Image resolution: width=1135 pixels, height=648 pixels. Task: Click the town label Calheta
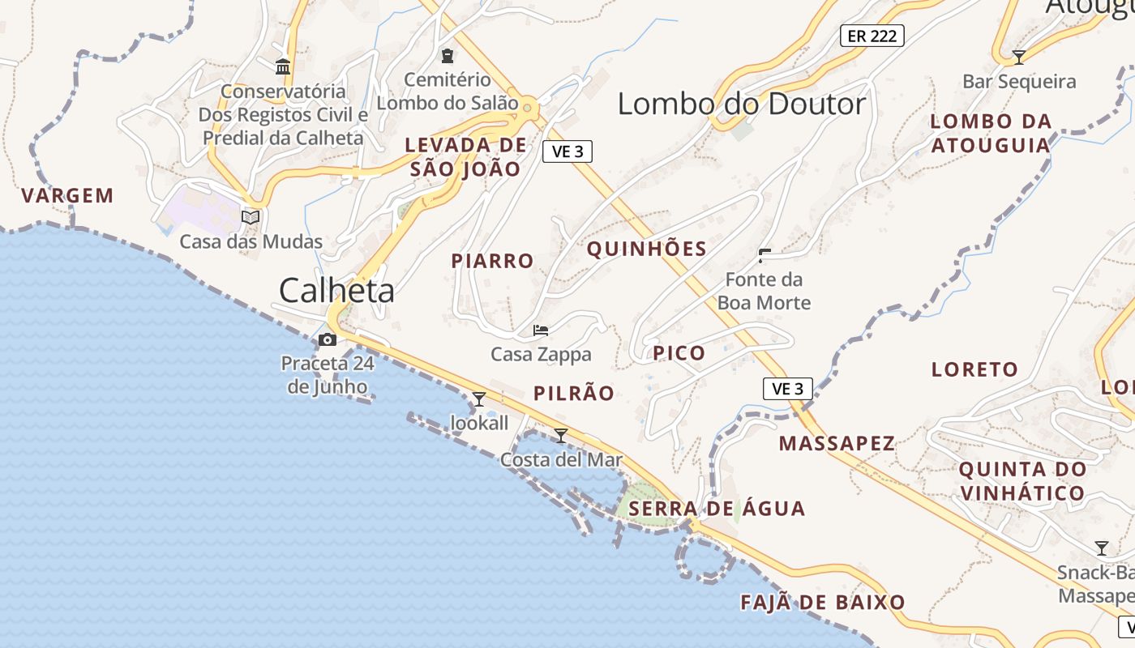[336, 290]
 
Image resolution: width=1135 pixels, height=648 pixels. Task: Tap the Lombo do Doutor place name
[742, 104]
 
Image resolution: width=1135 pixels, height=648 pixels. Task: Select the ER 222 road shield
[872, 36]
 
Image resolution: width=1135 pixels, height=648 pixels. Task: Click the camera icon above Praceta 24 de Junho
[328, 339]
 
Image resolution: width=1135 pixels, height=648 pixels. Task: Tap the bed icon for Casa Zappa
[541, 330]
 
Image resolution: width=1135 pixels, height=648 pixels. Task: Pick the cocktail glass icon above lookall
[479, 399]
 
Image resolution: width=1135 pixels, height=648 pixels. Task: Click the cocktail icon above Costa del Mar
[561, 436]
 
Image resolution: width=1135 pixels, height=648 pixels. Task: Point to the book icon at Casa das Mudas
[251, 217]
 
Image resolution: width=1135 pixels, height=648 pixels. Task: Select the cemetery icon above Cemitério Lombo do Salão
[447, 56]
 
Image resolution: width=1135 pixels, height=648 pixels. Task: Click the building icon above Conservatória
[283, 66]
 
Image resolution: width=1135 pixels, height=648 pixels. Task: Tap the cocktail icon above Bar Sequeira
[1019, 58]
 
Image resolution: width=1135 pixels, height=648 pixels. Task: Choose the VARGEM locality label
[67, 195]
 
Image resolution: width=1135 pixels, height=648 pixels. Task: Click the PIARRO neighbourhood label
[492, 261]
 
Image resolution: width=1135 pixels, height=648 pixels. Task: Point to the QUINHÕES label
[646, 249]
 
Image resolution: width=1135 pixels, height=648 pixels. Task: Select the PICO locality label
[679, 352]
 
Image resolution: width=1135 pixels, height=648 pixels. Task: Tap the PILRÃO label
[573, 394]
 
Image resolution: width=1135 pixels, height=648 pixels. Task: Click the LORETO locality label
[974, 369]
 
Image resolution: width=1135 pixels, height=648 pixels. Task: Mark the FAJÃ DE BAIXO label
[822, 603]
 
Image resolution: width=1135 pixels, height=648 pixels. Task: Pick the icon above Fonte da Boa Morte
[764, 256]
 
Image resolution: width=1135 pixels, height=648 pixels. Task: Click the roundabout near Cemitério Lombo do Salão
[528, 107]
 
